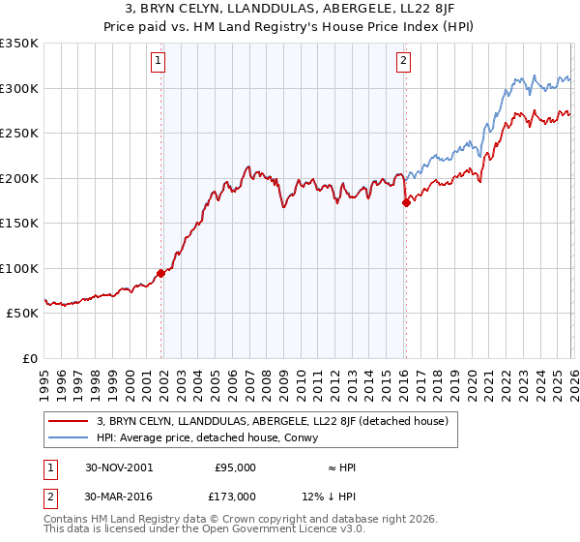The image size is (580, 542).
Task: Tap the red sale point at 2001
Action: tap(161, 273)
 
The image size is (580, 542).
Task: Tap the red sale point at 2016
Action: tap(405, 202)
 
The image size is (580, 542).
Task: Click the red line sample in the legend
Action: tap(70, 421)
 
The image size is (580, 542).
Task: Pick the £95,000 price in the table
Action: tap(234, 467)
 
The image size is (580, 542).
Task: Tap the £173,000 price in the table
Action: tap(234, 496)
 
